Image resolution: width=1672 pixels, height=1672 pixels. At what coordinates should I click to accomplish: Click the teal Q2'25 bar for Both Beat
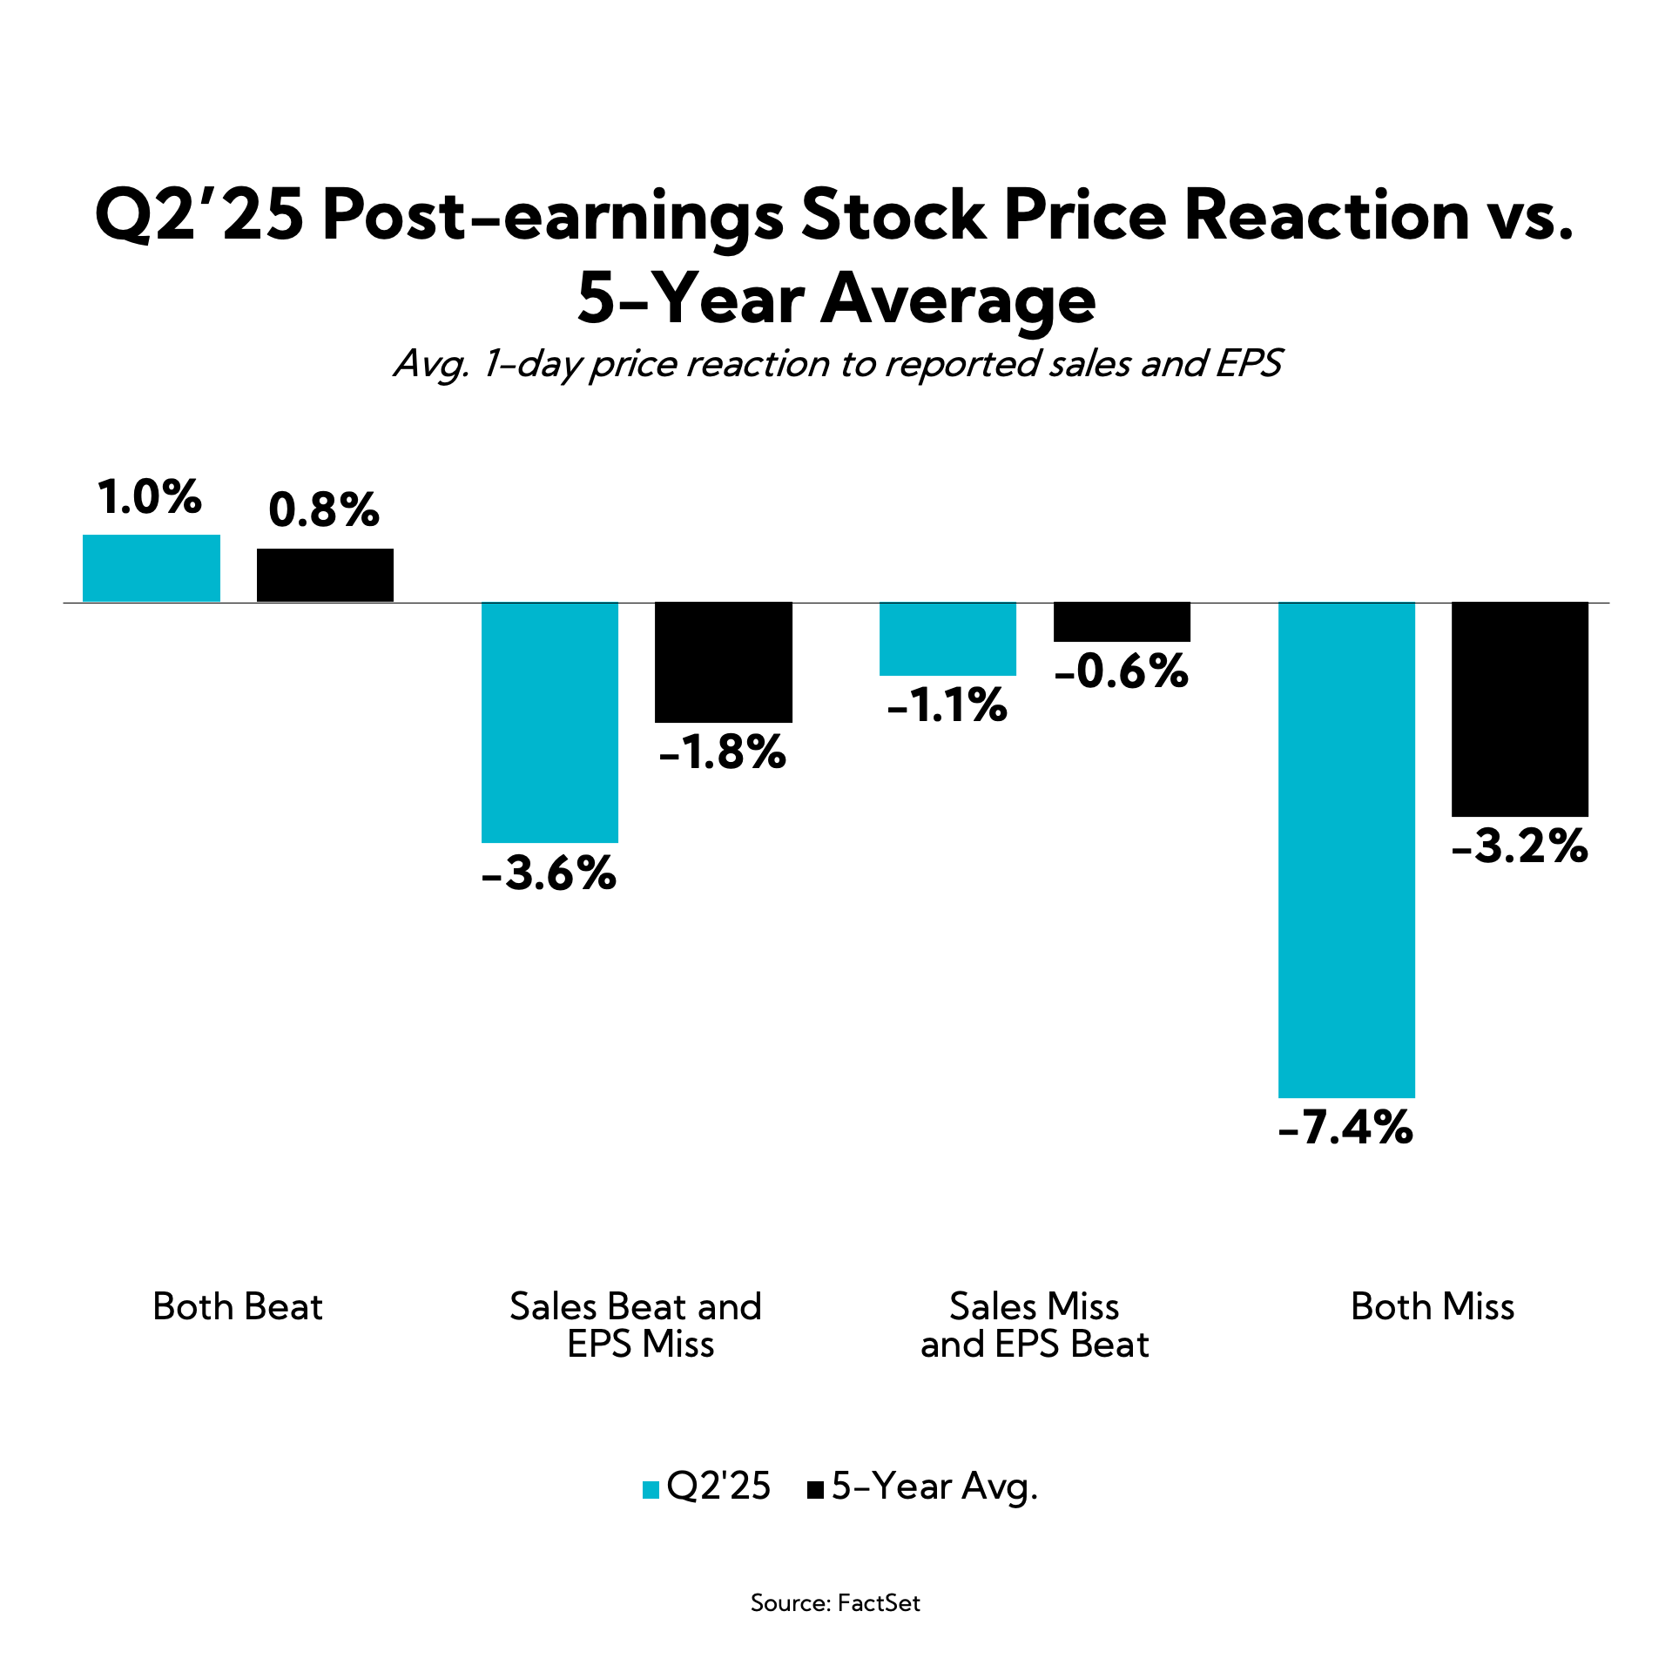coord(152,568)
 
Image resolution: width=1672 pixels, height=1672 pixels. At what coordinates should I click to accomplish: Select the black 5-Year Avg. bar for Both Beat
coord(325,575)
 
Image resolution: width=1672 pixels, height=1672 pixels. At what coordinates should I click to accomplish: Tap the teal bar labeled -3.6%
coord(549,722)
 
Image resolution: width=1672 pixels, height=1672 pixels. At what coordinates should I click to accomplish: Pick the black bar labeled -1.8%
coord(724,662)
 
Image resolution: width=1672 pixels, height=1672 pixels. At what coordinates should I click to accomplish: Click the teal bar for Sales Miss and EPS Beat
coord(947,638)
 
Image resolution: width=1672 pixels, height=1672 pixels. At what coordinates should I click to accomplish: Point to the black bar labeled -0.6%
coord(1122,622)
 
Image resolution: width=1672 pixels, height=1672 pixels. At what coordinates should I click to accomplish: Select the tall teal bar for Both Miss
coord(1346,849)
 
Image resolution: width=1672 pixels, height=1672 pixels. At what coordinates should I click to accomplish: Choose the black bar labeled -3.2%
coord(1520,709)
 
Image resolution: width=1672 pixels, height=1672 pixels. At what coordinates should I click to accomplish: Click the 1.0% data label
coord(150,497)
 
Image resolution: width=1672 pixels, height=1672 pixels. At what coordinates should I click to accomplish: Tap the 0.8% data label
coord(324,510)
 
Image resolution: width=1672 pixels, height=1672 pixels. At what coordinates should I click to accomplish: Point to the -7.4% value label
coord(1345,1128)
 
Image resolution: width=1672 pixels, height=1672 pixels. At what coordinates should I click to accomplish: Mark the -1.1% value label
coord(947,705)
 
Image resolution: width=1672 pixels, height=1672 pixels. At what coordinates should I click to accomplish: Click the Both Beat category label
coord(238,1307)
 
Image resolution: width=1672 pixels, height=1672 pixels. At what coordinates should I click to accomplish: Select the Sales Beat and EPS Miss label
coord(637,1325)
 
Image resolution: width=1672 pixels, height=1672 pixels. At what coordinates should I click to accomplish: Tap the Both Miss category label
coord(1433,1307)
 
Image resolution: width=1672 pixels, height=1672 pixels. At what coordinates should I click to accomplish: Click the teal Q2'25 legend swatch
coord(651,1490)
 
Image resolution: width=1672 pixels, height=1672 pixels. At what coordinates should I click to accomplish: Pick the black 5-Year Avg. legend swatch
coord(816,1490)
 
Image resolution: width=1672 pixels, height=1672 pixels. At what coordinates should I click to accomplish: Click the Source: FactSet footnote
coord(835,1603)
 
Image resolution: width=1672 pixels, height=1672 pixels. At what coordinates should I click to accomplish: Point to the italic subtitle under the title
coord(836,364)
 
